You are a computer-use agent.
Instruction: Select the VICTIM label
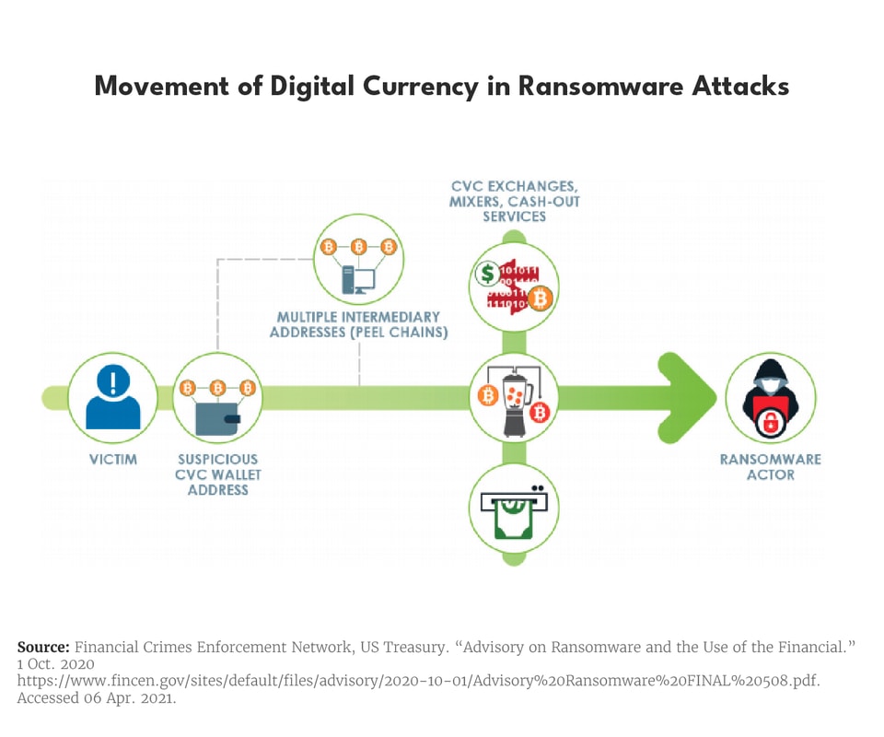coord(113,459)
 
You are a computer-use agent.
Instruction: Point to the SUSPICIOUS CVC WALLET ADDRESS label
coord(217,474)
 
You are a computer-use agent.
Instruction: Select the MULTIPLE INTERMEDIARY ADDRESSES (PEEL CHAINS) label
coord(358,324)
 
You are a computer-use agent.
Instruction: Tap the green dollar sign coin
coord(487,273)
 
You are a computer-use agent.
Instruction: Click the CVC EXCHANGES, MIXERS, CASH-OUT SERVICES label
coord(514,201)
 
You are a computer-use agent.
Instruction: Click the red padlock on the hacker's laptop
coord(770,422)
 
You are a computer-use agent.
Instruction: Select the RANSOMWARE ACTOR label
coord(770,467)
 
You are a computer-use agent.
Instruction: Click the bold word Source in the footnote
coord(42,647)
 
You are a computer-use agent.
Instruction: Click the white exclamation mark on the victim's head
coord(113,380)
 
